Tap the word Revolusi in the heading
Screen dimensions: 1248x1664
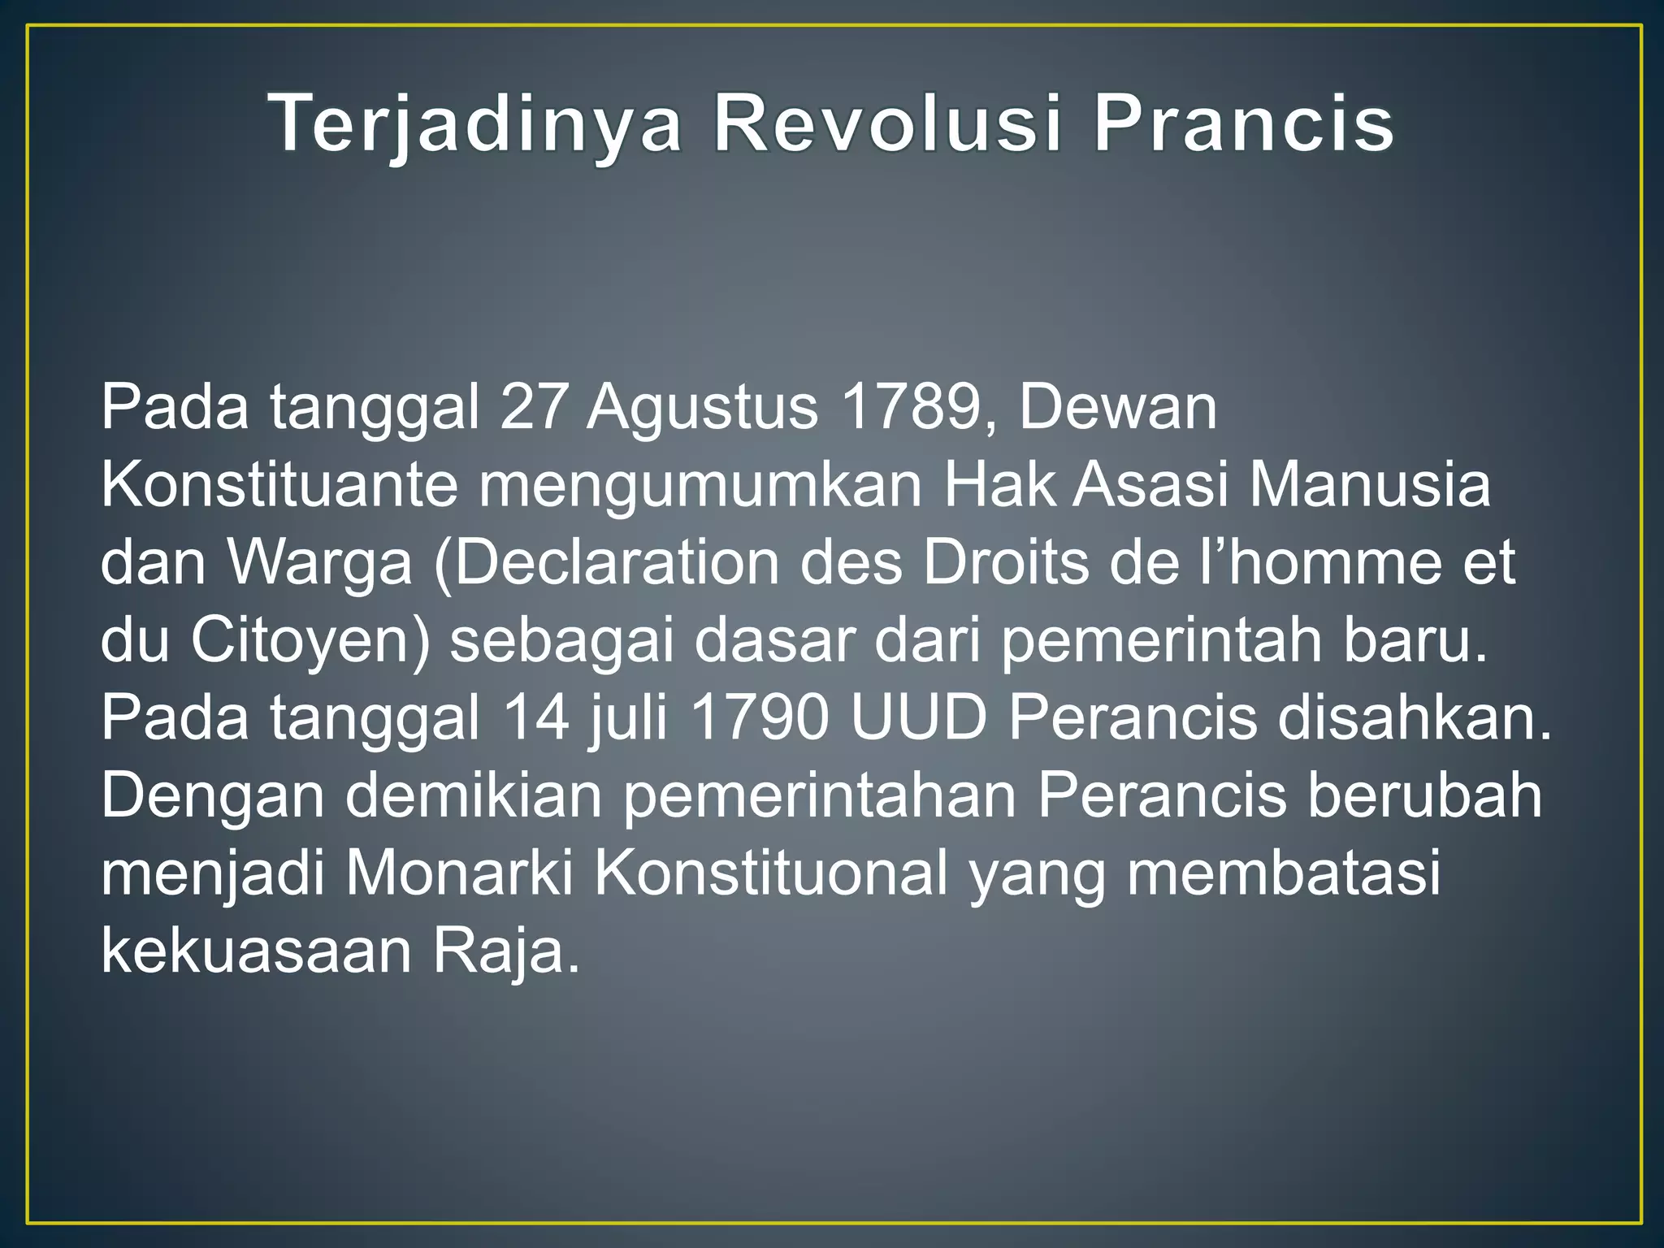click(x=887, y=124)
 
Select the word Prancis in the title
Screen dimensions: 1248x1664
click(x=1244, y=124)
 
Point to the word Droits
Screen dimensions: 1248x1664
click(x=1006, y=562)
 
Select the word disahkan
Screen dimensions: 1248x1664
click(x=1415, y=718)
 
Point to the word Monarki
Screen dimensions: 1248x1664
click(x=460, y=874)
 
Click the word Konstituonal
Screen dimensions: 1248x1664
click(x=770, y=874)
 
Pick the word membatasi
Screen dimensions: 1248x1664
click(x=1283, y=874)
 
